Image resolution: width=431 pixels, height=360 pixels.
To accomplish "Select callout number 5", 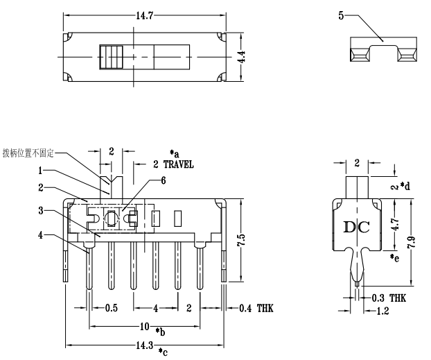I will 342,14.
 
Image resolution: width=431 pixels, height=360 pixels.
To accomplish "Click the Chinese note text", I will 28,152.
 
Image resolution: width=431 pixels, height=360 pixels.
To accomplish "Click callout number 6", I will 164,180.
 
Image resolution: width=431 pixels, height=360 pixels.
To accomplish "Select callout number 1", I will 42,169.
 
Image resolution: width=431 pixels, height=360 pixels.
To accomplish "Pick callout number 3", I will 42,210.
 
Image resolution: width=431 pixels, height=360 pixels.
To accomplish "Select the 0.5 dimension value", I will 111,308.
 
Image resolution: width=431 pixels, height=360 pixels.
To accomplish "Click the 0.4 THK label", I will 255,308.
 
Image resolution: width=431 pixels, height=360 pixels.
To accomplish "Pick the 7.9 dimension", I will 414,243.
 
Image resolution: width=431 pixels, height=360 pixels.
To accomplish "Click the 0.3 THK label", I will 388,298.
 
